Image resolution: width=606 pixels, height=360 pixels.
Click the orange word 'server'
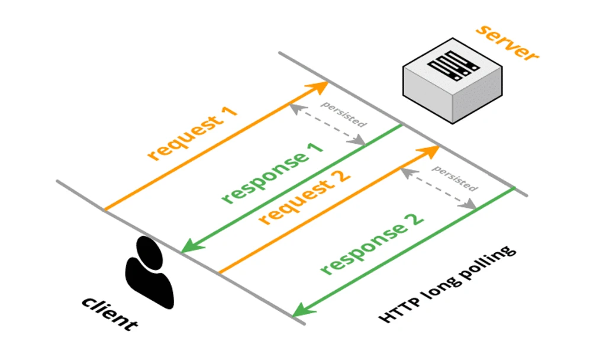tap(508, 42)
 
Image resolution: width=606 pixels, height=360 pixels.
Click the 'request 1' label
tap(193, 134)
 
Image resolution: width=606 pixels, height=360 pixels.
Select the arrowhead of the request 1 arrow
tap(321, 87)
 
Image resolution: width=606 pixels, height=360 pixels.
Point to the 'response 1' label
tap(273, 172)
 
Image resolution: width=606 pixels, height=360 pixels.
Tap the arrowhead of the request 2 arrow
tap(432, 150)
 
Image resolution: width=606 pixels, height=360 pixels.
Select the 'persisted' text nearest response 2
tap(454, 178)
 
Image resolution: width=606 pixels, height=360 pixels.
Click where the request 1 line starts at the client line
tap(105, 210)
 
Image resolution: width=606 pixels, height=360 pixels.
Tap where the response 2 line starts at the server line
tap(513, 188)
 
